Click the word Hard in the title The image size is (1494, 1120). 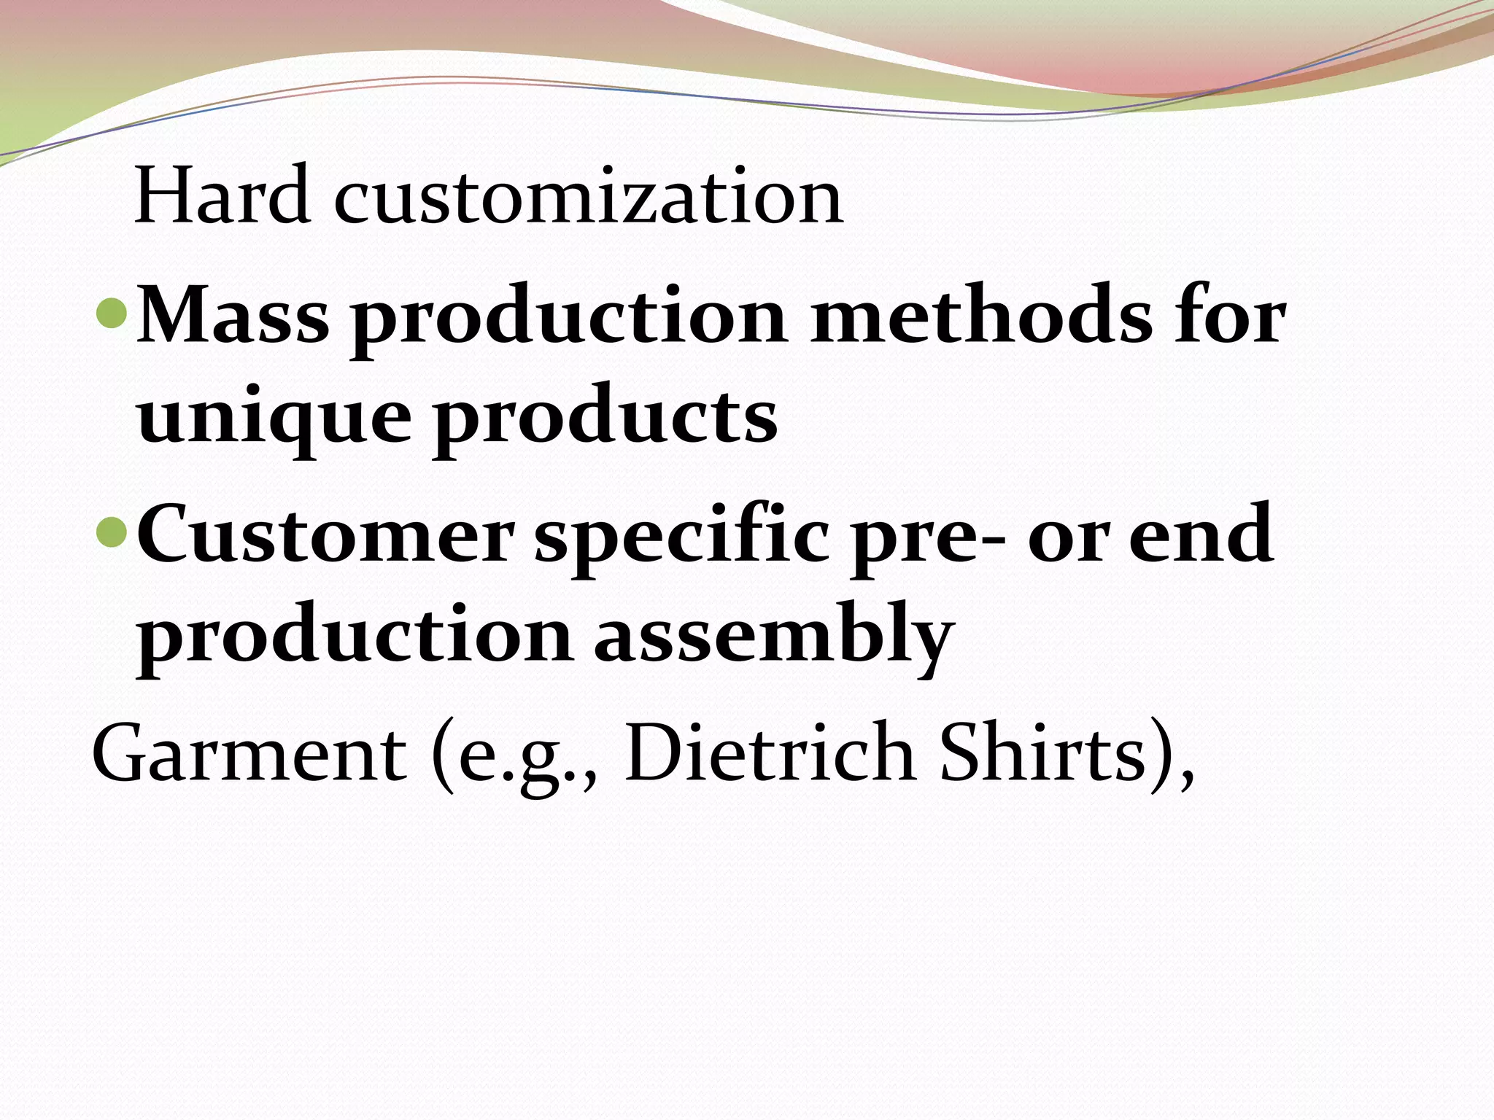pos(222,195)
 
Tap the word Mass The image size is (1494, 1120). pos(233,316)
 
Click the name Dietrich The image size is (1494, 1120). pos(770,751)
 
